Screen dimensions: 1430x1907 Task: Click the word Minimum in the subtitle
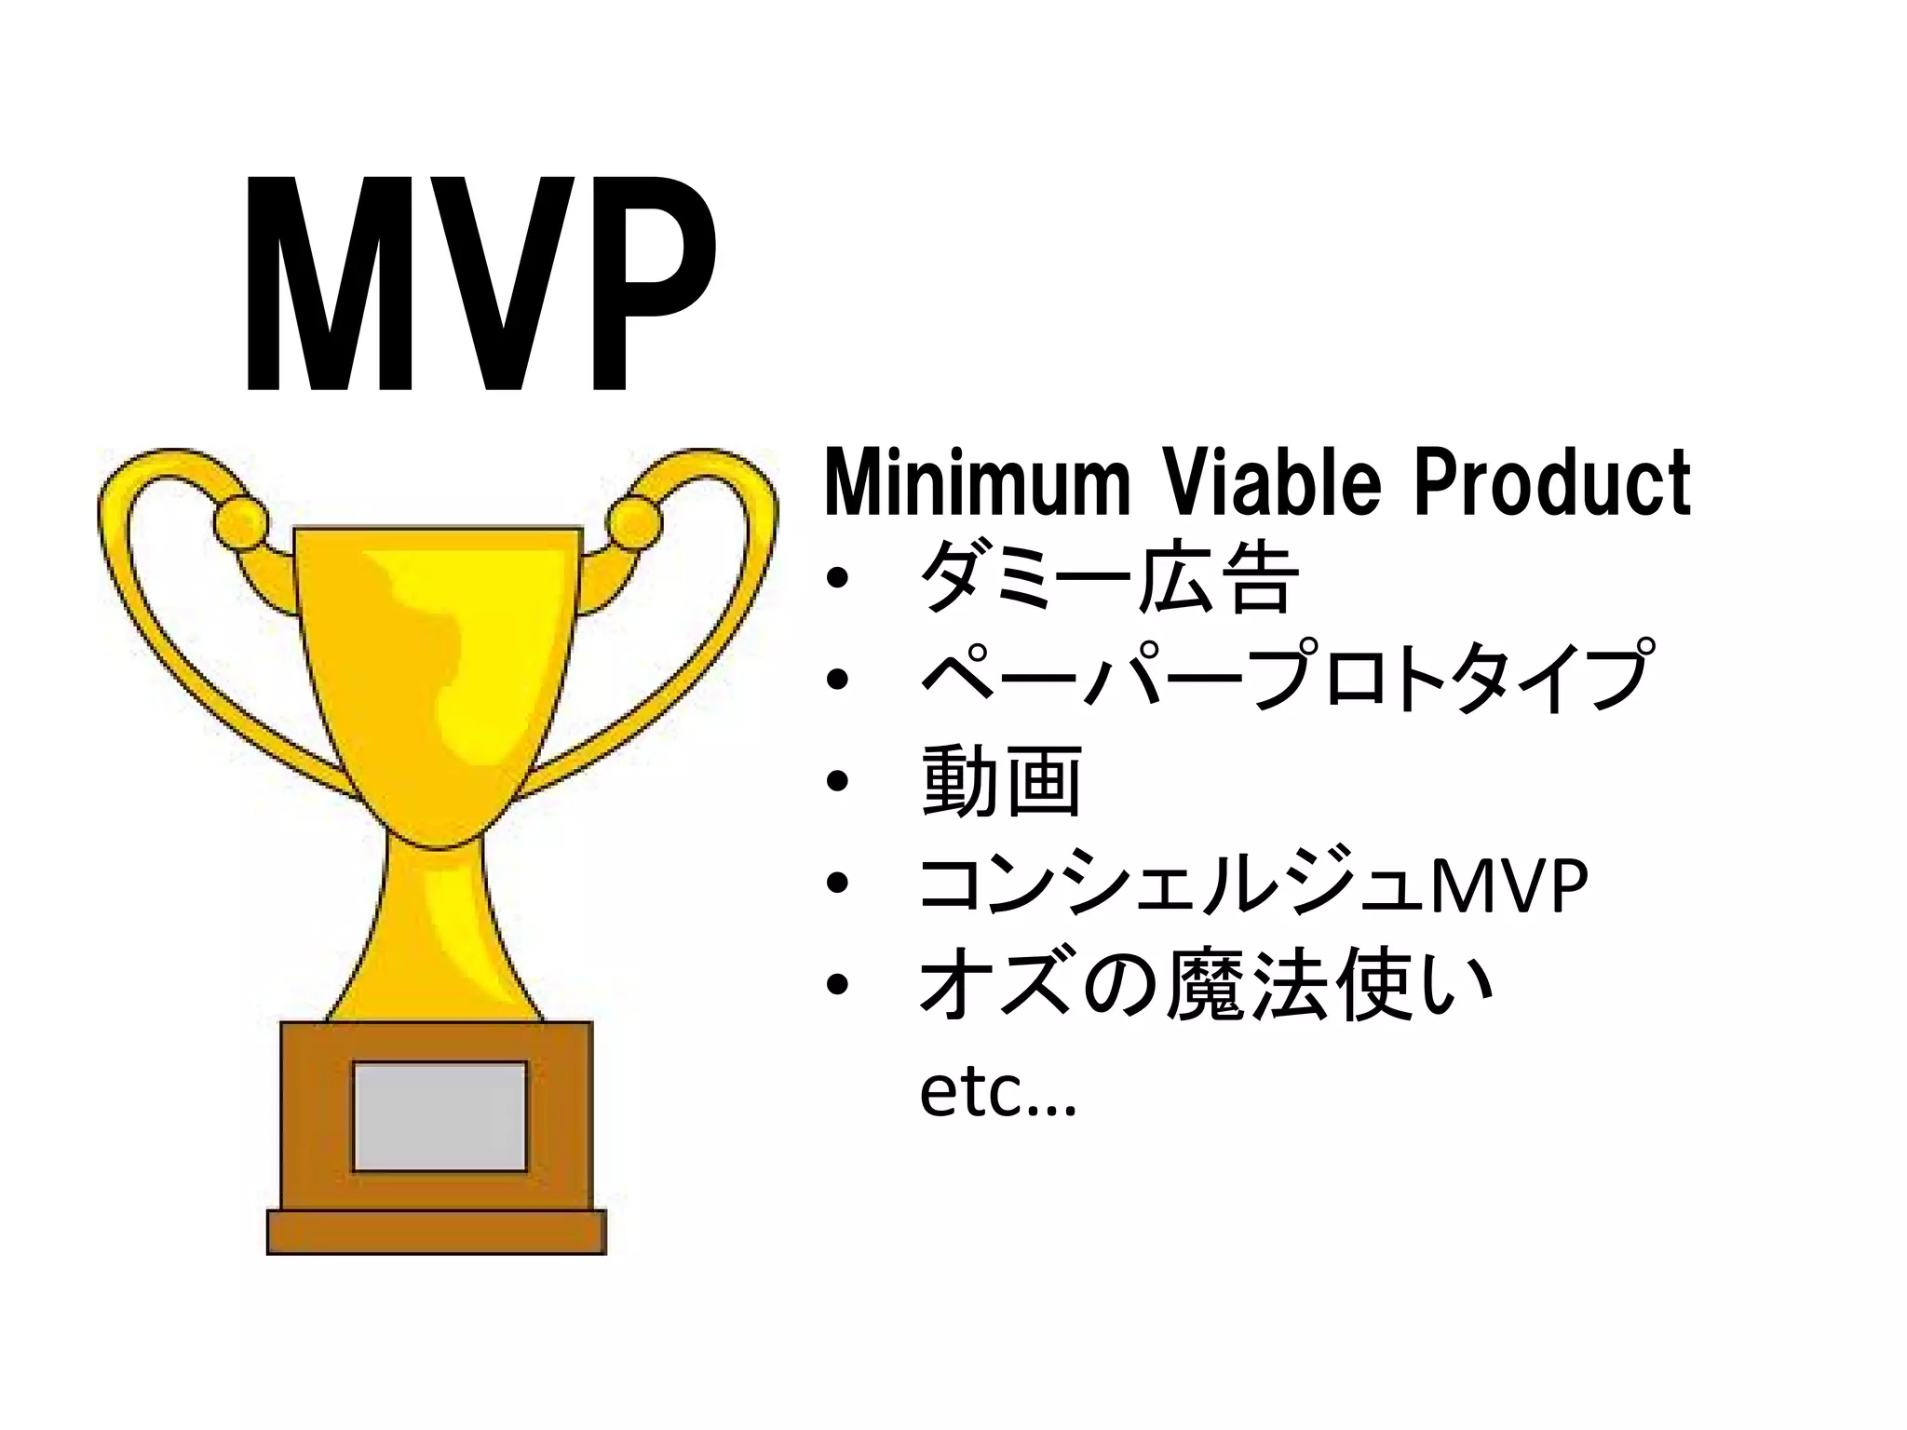click(x=976, y=482)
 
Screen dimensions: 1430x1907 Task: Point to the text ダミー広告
click(x=1108, y=578)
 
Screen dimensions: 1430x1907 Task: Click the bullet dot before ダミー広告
click(x=837, y=580)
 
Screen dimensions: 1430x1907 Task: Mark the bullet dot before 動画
click(x=837, y=782)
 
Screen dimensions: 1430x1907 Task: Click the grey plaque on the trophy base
click(x=440, y=1115)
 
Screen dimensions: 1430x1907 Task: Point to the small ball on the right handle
click(x=638, y=521)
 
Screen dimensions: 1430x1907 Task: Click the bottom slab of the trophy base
click(x=437, y=1232)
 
